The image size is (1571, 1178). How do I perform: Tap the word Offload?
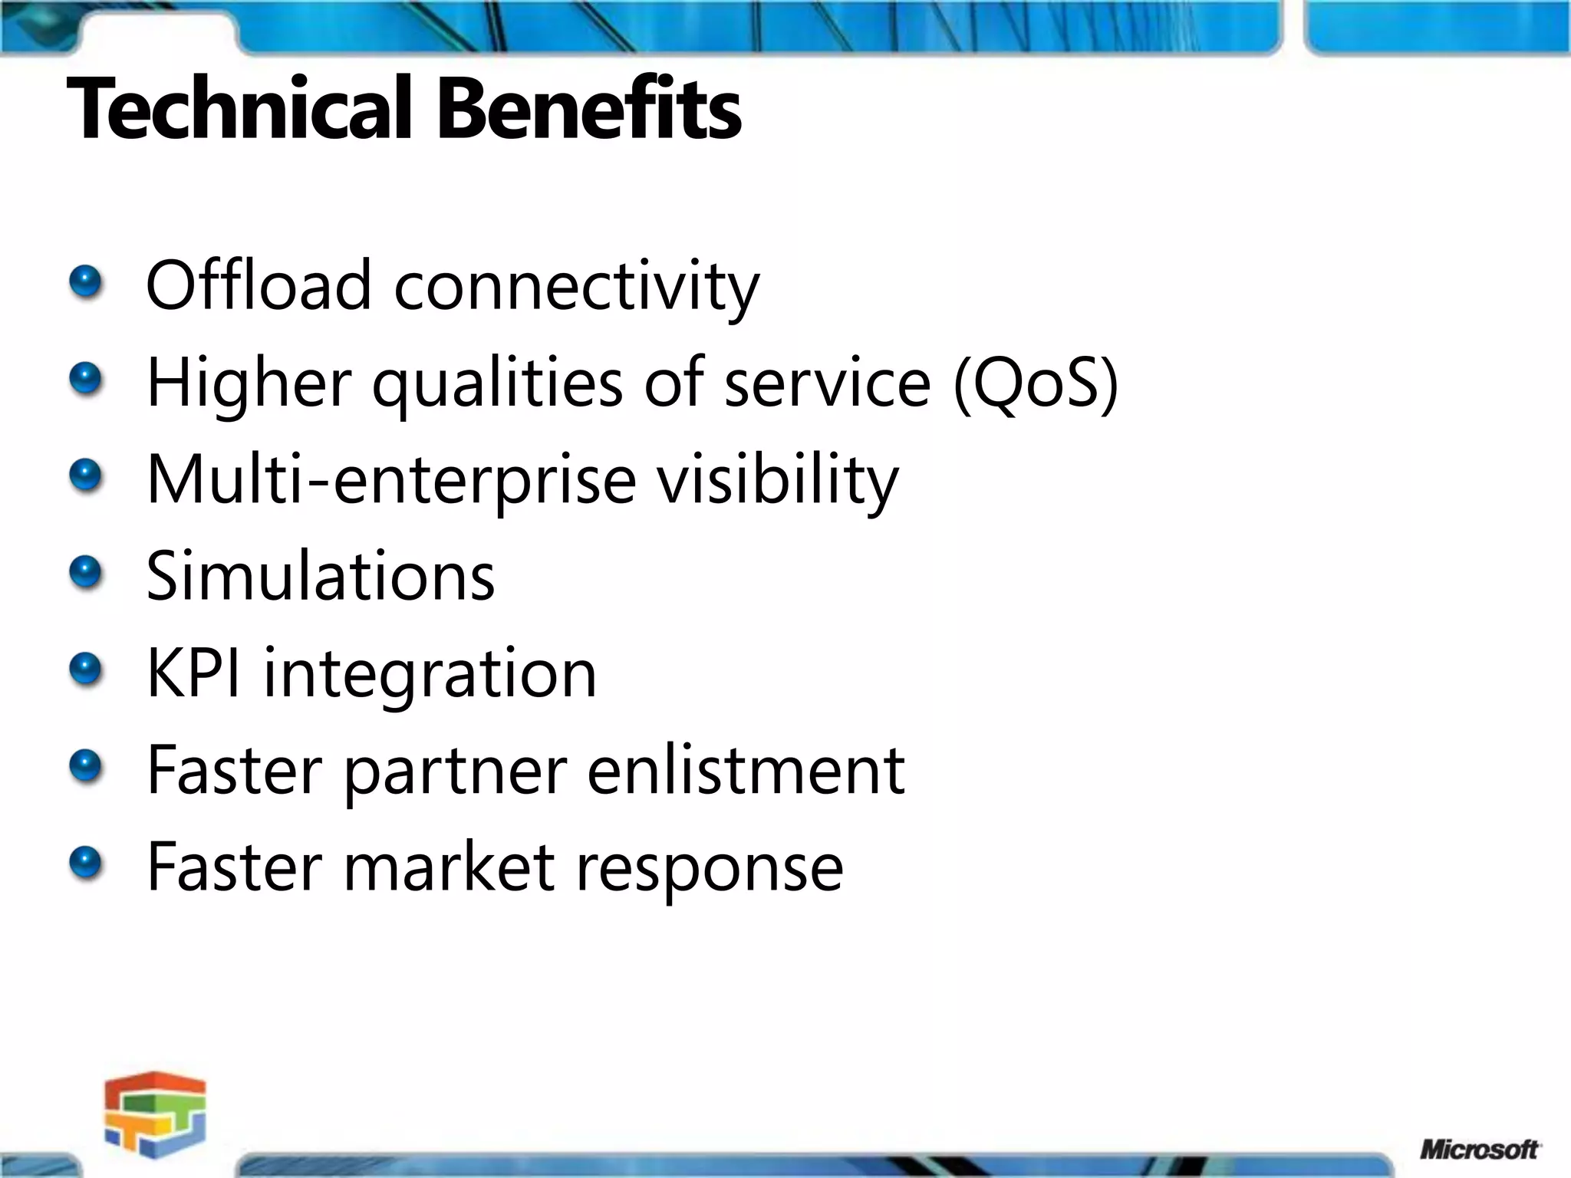[x=259, y=285]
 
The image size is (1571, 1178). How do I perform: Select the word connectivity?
[x=576, y=288]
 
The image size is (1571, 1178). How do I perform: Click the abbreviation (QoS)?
[x=1035, y=383]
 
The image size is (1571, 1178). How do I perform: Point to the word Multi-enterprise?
[x=391, y=481]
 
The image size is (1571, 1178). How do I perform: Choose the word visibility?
[x=777, y=481]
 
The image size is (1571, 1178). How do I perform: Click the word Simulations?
[x=321, y=576]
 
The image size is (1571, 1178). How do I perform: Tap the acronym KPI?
[x=193, y=673]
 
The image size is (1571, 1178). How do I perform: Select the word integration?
[x=430, y=675]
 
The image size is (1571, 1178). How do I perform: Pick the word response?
[x=710, y=869]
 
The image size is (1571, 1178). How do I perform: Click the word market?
[x=449, y=867]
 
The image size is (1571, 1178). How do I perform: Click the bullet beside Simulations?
[x=85, y=572]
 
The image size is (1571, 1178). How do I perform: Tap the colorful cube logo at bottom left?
[x=156, y=1114]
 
